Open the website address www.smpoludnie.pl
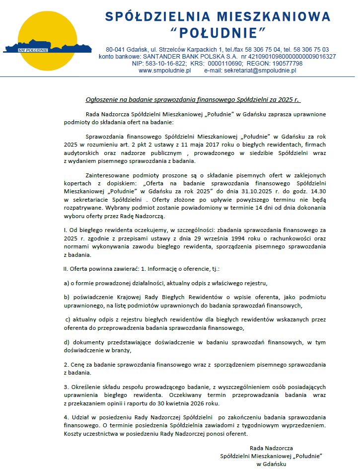point(164,71)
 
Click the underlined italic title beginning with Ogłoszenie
point(193,100)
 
